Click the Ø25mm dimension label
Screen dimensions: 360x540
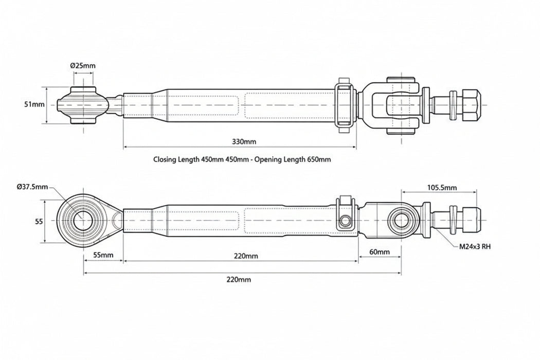[83, 66]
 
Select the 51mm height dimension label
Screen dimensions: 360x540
[34, 104]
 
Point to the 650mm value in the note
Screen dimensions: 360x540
[319, 159]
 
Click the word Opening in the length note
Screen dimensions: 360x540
[279, 159]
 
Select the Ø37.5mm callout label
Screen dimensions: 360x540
[32, 187]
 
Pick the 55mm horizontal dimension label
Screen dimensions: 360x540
[104, 255]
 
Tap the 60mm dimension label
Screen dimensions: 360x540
[380, 253]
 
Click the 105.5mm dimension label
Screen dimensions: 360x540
[442, 188]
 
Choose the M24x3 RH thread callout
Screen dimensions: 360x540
[475, 247]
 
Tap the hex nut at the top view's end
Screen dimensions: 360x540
[472, 104]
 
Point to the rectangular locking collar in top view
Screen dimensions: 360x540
[345, 105]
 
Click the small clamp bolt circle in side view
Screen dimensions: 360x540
[345, 221]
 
